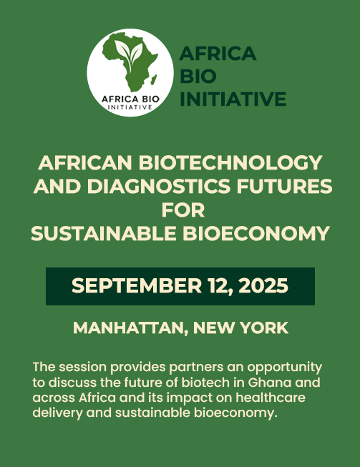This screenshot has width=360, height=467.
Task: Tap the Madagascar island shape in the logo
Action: coord(154,79)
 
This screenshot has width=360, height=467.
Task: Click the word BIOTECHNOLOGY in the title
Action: coord(230,162)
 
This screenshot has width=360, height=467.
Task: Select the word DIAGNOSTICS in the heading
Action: coord(159,186)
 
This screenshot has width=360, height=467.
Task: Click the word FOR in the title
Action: coord(183,210)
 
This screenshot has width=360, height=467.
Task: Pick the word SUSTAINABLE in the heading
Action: coord(104,233)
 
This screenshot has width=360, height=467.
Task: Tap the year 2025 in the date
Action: coord(263,285)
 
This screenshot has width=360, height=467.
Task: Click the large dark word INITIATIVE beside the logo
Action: coord(233,99)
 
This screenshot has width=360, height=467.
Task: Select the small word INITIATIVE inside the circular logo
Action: coord(130,107)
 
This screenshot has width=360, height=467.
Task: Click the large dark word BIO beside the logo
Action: coord(198,76)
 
